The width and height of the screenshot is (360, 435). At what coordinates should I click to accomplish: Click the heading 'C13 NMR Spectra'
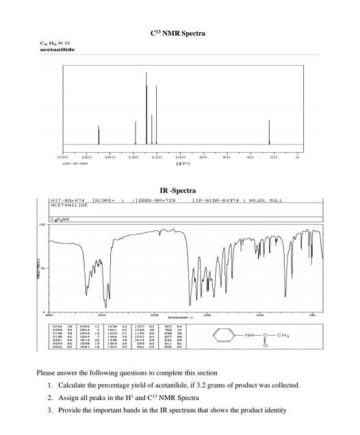pos(179,32)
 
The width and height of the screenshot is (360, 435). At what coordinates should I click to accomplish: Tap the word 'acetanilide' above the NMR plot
pos(56,51)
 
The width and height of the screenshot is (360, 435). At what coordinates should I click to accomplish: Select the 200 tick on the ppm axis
pos(62,158)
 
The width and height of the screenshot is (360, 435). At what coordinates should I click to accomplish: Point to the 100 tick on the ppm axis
pos(180,158)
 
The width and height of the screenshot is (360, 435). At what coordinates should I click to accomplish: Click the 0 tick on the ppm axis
pos(297,158)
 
